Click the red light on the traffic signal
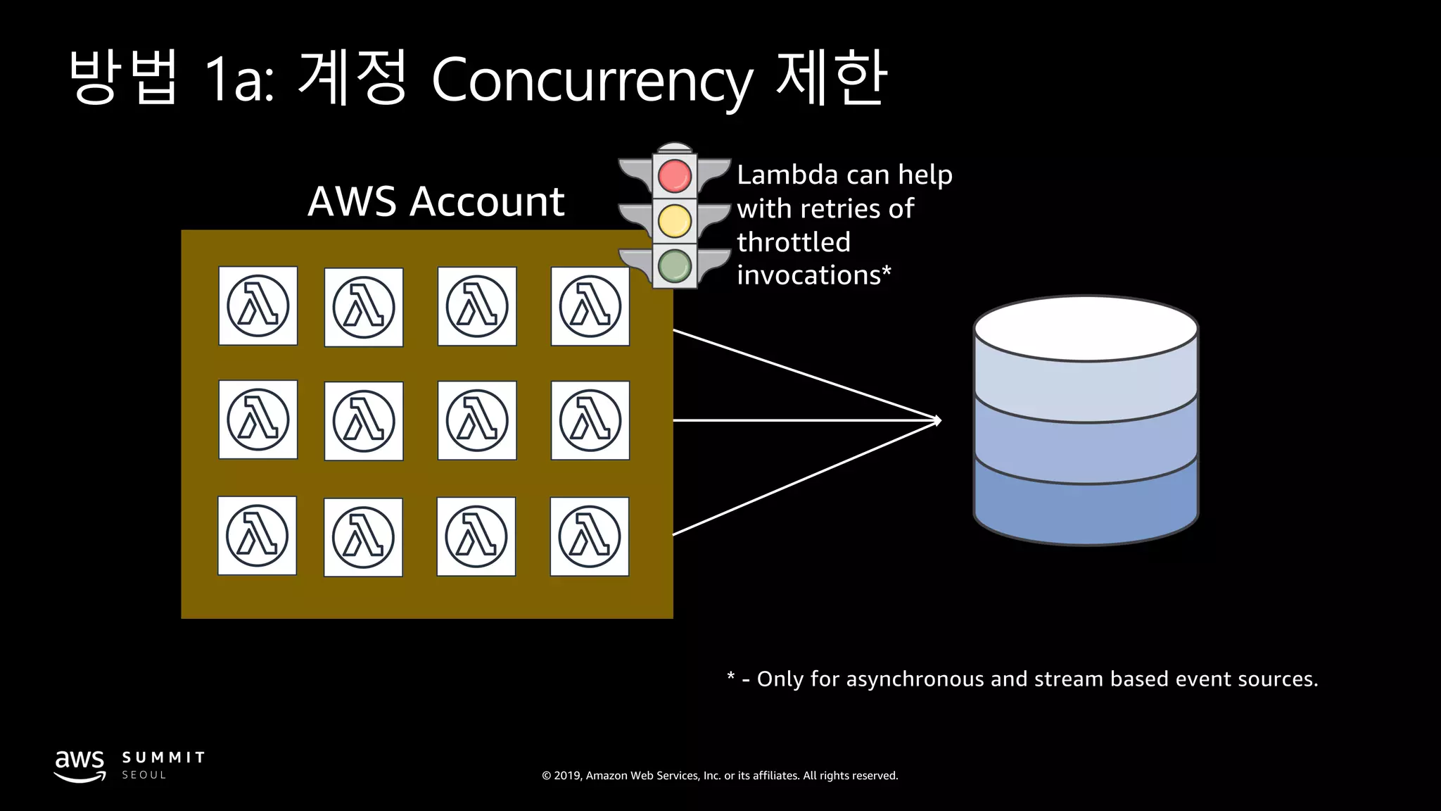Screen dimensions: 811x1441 pos(674,175)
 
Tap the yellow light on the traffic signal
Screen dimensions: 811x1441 pos(674,221)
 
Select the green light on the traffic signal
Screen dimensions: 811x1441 pos(674,266)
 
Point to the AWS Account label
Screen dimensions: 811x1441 pos(436,202)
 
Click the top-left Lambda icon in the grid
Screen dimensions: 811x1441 pos(258,306)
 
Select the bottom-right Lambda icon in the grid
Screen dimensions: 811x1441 pos(590,536)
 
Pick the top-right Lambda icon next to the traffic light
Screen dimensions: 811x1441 pos(590,306)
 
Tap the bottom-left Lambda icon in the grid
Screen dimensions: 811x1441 pos(257,536)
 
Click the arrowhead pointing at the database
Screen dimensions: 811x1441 pos(937,420)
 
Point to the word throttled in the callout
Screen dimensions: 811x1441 pos(794,242)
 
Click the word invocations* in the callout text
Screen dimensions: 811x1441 pos(813,275)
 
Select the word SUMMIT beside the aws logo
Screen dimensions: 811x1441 pos(163,757)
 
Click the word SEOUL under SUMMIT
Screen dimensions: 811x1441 pos(144,775)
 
